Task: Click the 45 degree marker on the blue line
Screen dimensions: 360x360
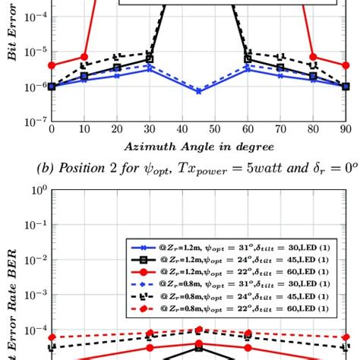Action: [198, 91]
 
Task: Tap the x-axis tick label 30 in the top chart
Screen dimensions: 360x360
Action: [149, 130]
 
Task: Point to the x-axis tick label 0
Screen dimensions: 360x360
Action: [52, 130]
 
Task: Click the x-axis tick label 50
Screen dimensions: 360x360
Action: [215, 130]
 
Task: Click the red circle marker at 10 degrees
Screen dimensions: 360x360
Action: [84, 57]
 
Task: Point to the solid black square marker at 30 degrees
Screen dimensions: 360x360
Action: [150, 58]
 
